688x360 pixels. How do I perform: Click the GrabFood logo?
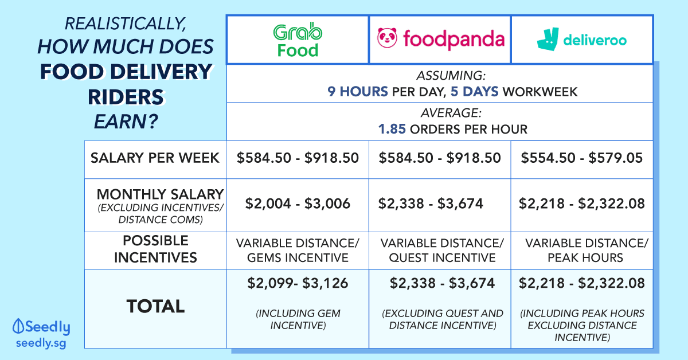point(297,40)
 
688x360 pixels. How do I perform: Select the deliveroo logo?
point(581,40)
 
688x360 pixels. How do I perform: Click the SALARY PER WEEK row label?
point(155,158)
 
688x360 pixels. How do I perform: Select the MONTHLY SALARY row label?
point(160,194)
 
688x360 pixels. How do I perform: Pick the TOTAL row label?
point(155,306)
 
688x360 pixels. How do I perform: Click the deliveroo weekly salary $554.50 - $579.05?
point(582,158)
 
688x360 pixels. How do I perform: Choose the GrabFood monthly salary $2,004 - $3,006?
point(298,204)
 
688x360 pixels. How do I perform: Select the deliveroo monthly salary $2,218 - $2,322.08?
point(582,204)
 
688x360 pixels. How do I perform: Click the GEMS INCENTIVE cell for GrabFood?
point(298,251)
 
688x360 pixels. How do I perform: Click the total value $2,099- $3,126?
point(298,283)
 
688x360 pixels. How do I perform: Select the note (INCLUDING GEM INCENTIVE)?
point(298,319)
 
